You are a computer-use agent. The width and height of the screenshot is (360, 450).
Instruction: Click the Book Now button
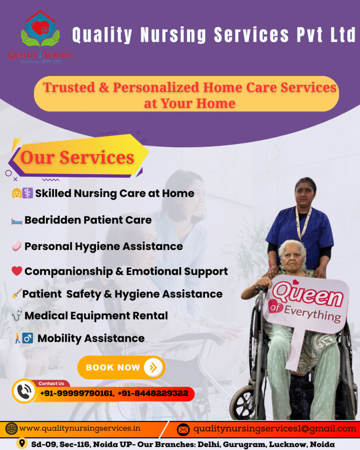pos(121,367)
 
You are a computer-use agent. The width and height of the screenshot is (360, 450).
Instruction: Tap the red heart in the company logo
pos(40,28)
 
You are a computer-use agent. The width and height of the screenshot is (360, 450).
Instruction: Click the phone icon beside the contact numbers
pos(24,391)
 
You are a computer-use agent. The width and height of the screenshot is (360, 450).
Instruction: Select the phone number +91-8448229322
pos(153,393)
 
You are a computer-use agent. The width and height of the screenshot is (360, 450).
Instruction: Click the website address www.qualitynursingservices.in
pos(80,428)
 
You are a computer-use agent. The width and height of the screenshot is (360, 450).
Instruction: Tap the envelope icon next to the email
pos(183,430)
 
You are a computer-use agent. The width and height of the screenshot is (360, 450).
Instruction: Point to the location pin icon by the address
pos(22,443)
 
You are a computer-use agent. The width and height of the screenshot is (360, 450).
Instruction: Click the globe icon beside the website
pos(11,429)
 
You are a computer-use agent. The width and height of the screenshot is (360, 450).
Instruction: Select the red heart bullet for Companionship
pos(17,271)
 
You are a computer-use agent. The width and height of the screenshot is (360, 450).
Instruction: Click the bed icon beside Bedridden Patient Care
pos(17,221)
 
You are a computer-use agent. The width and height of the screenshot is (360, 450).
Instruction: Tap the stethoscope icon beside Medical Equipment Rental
pos(17,315)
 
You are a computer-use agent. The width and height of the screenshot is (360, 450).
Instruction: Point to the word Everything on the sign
pos(313,314)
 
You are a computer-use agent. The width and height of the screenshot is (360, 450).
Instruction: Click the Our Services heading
pos(77,157)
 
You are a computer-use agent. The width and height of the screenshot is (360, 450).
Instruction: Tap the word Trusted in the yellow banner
pos(69,87)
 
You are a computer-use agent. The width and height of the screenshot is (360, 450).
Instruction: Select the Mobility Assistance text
pos(91,338)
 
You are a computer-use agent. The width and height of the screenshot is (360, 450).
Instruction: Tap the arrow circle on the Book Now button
pos(153,367)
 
